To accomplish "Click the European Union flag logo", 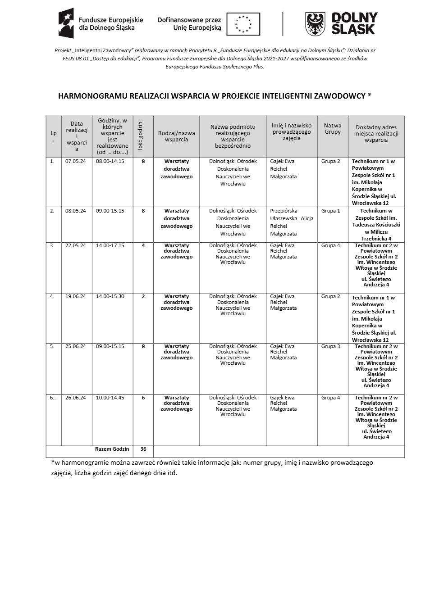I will (x=243, y=24).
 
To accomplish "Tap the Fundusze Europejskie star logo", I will (x=66, y=23).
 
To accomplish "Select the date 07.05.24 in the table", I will (x=75, y=161).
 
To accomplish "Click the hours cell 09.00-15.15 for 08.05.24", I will (x=110, y=211).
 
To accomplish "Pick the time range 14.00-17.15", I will (x=110, y=245).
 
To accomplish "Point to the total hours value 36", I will (x=143, y=449).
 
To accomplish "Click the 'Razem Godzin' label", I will (x=112, y=449).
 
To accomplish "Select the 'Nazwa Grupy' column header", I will (x=333, y=129).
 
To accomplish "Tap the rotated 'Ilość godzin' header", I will (x=140, y=136).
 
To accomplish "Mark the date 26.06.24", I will (x=75, y=398).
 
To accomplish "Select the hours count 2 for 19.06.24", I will (x=143, y=296).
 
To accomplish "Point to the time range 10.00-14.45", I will (x=110, y=398).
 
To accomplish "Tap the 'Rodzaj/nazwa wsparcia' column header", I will (x=176, y=136).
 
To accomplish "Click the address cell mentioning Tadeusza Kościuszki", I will (x=376, y=224).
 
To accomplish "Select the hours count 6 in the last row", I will (x=143, y=398).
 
